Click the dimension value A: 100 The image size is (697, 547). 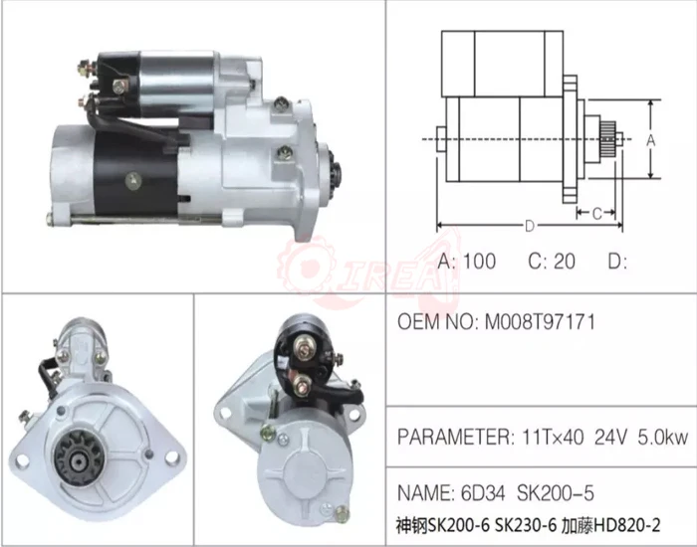[x=467, y=263]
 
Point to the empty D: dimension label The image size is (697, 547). [x=617, y=263]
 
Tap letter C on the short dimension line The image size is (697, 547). [x=594, y=213]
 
